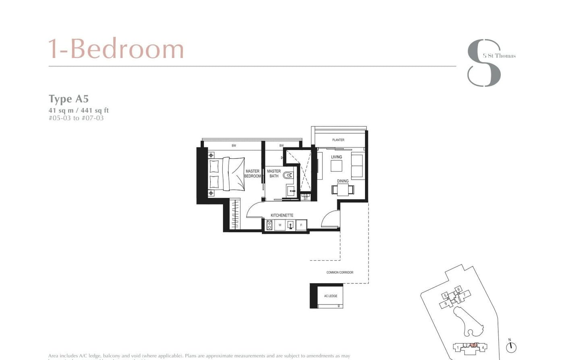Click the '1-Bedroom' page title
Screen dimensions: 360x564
pyautogui.click(x=116, y=49)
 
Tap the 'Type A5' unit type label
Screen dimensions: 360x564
pyautogui.click(x=68, y=99)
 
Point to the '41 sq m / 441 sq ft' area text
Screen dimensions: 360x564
pyautogui.click(x=79, y=110)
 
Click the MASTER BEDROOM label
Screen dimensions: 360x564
pyautogui.click(x=253, y=174)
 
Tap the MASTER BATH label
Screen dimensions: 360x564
pyautogui.click(x=274, y=174)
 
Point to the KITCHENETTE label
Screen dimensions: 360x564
pyautogui.click(x=282, y=215)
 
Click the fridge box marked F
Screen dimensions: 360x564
pyautogui.click(x=301, y=225)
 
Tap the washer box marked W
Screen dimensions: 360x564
pyautogui.click(x=280, y=225)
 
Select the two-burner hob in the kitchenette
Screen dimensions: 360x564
pyautogui.click(x=269, y=225)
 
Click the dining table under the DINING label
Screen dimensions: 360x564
pyautogui.click(x=343, y=189)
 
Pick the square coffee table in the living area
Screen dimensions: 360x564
pyautogui.click(x=336, y=166)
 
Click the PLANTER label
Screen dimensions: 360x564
pyautogui.click(x=338, y=140)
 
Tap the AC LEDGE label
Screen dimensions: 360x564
pyautogui.click(x=331, y=296)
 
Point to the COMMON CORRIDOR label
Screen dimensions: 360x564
pyautogui.click(x=340, y=273)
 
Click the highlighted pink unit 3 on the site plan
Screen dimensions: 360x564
pyautogui.click(x=474, y=345)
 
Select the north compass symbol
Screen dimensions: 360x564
pyautogui.click(x=511, y=346)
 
